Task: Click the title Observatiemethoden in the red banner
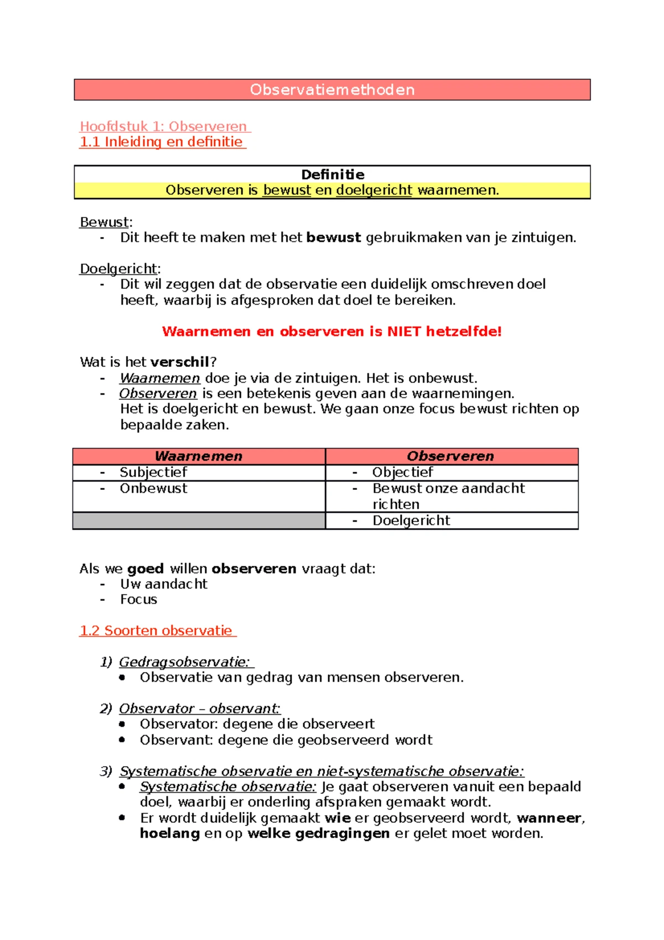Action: pos(332,90)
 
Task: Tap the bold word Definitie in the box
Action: pos(333,174)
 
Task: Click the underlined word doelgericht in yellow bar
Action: pos(374,190)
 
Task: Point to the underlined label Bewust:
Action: pos(105,222)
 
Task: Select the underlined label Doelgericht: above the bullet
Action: pos(119,268)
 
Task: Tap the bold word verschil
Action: pos(179,362)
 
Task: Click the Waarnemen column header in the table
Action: pos(199,456)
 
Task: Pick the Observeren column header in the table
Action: pos(450,456)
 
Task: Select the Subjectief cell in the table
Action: pos(153,472)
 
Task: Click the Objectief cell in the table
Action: pos(402,472)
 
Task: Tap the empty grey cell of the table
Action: pos(199,520)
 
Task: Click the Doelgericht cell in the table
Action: pos(411,520)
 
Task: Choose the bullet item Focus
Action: pos(138,600)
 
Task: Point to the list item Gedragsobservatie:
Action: pos(184,662)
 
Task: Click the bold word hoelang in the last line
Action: pos(169,834)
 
